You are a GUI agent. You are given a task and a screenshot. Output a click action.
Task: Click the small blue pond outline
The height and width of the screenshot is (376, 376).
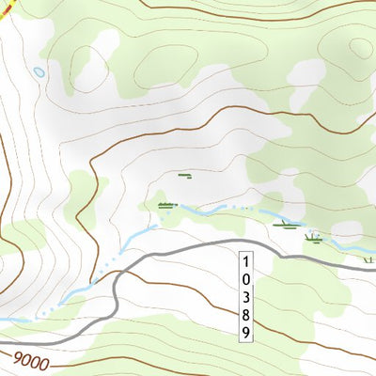39,71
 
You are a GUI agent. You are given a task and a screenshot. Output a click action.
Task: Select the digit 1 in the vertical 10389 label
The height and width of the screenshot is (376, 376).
245,260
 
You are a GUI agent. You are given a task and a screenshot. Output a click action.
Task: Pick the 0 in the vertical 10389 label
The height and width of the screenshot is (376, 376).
245,278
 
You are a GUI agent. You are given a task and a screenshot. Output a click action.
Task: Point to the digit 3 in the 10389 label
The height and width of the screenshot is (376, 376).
245,296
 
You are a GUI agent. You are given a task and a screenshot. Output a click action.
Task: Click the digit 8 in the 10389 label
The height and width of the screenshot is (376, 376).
245,314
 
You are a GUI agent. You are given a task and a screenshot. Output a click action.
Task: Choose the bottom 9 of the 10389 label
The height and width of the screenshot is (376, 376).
245,332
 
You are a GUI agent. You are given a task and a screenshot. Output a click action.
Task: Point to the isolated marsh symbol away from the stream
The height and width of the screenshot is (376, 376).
184,175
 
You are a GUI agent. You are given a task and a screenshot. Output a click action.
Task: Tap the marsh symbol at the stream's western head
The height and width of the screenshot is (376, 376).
167,205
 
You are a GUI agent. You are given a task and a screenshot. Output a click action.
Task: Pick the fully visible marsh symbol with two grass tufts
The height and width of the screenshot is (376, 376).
313,239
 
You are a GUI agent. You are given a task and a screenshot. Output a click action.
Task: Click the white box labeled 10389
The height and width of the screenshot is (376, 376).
245,296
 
